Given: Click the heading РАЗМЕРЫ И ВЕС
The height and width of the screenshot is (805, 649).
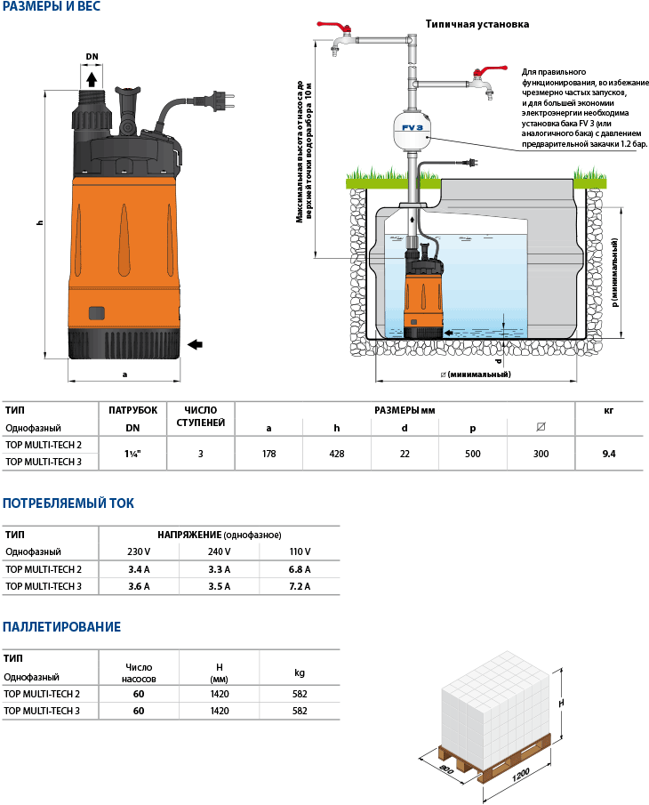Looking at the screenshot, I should click(52, 7).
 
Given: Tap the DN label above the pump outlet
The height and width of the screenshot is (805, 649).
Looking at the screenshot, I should click(92, 57).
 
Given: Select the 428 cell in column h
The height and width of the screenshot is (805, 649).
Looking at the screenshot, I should click(337, 454).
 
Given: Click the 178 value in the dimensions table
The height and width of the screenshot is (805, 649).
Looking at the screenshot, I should click(268, 454).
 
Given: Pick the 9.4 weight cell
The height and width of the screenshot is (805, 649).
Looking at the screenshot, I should click(609, 454).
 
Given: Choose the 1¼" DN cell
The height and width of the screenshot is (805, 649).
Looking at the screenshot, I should click(132, 454).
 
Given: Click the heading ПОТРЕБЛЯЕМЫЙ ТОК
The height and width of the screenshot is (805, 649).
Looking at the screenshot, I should click(68, 503).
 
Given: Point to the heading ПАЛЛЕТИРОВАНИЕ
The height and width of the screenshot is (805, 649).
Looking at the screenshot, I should click(61, 627).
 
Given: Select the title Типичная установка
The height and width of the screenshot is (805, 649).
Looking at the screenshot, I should click(477, 24).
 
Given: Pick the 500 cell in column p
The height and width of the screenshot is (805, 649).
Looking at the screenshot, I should click(472, 454).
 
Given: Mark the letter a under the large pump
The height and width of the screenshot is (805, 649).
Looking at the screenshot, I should click(124, 374).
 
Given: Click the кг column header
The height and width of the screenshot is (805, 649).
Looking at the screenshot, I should click(609, 410).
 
